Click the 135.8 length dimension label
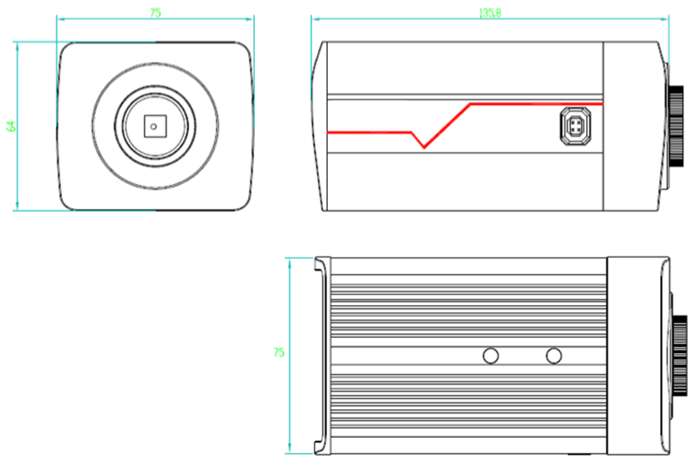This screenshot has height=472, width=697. [489, 13]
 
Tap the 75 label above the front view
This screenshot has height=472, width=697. [156, 13]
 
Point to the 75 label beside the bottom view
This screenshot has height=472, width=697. [278, 352]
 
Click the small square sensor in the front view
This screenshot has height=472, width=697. [155, 126]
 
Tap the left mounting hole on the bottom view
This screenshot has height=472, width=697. [491, 355]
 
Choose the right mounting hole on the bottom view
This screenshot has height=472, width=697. [554, 355]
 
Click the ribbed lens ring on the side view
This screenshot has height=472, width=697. [675, 126]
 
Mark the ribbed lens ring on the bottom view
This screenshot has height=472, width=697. [678, 355]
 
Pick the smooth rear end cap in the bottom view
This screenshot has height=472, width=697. [637, 355]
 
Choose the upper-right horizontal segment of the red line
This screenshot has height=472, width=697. [537, 104]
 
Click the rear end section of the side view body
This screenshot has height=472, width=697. [634, 126]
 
